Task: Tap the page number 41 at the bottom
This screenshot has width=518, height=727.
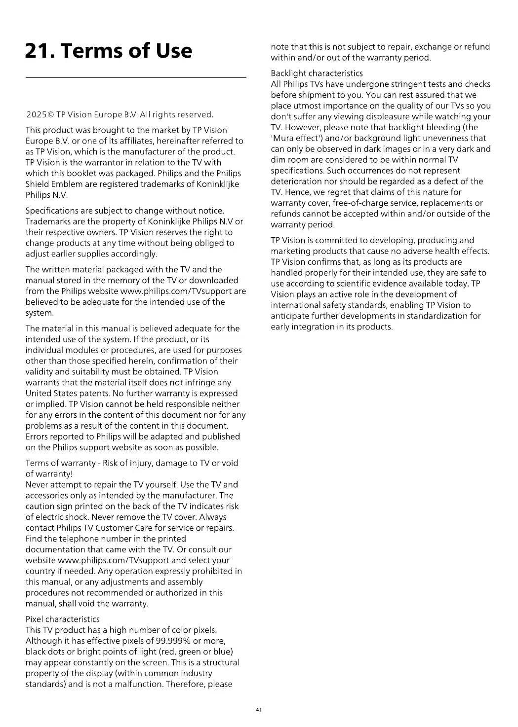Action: tap(259, 710)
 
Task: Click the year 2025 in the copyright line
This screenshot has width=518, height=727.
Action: tap(36, 115)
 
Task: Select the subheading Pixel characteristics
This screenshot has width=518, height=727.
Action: tap(62, 619)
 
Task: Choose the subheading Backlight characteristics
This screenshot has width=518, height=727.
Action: tap(317, 73)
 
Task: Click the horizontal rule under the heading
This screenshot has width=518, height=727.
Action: tap(136, 78)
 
